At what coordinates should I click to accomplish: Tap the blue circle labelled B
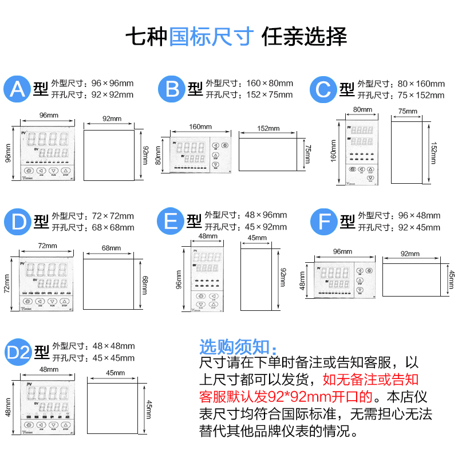[x=172, y=89]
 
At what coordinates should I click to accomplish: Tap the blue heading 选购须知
[x=237, y=346]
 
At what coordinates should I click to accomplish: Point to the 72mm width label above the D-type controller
[x=46, y=246]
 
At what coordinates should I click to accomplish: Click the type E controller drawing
[x=203, y=278]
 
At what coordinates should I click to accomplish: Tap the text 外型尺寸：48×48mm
[x=93, y=346]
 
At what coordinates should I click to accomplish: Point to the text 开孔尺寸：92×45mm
[x=399, y=227]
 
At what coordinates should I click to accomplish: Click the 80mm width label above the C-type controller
[x=363, y=109]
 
